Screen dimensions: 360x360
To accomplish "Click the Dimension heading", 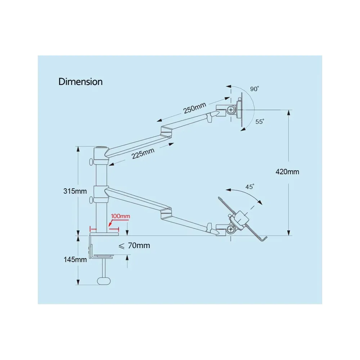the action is pos(80,82).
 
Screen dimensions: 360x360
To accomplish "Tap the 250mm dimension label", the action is pos(195,108).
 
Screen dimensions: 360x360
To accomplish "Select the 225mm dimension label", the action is pos(143,154).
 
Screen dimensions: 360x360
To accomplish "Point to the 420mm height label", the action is pos(287,172).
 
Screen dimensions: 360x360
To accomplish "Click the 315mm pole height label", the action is pos(75,191).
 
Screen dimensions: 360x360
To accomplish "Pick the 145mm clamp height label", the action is pos(75,260).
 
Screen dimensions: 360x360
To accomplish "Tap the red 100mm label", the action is pos(121,216).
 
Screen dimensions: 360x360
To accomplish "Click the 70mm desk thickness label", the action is pos(139,246).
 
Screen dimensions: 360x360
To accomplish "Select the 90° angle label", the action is pos(255,89).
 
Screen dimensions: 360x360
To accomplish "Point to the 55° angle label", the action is pos(260,121).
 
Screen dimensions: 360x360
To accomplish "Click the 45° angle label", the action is pos(250,186).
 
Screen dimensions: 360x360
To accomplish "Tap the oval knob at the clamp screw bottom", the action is pos(104,281).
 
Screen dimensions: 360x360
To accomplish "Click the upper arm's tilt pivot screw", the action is pos(231,110).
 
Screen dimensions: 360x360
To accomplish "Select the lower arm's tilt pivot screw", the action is pos(231,229).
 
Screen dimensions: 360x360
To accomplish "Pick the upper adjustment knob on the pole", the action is pos(91,162).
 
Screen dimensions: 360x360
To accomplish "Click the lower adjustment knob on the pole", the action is pos(91,200).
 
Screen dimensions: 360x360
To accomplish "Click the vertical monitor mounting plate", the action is pos(242,110).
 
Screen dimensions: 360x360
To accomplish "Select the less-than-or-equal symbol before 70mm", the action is pos(121,246).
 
